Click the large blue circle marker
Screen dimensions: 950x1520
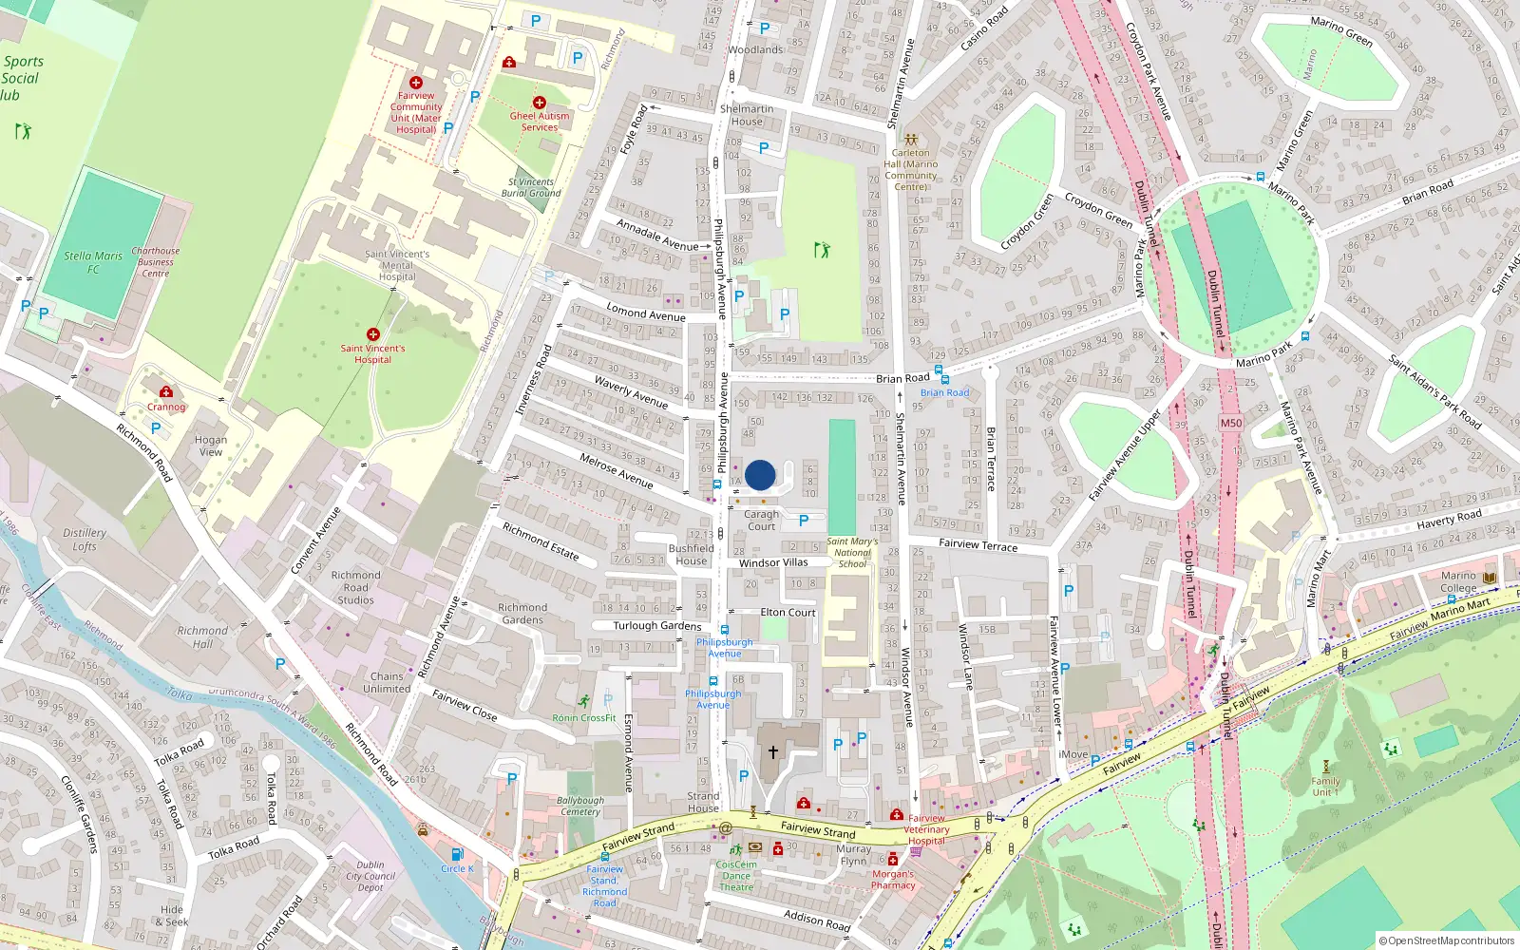pos(760,475)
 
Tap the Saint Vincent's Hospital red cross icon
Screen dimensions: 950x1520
pos(373,334)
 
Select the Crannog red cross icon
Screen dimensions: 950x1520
pos(166,391)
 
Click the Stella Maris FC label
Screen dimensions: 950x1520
pos(93,262)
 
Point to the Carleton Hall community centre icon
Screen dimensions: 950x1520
pos(911,139)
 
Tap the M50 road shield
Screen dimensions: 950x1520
pos(1231,423)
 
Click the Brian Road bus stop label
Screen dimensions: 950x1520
pos(944,392)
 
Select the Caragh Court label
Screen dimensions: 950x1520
pos(761,521)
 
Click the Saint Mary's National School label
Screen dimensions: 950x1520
pos(852,553)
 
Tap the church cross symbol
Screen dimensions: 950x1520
pos(773,751)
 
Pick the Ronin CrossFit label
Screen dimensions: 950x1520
pos(584,718)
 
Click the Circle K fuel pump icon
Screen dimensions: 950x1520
pos(457,854)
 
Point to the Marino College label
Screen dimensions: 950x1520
pos(1458,581)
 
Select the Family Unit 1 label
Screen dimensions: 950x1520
pos(1325,787)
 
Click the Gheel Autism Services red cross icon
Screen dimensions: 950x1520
pos(540,103)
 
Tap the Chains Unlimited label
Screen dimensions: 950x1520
pos(387,682)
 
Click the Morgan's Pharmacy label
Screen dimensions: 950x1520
pos(893,880)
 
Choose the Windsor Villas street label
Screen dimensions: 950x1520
pos(773,562)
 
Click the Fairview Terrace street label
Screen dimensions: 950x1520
pos(978,544)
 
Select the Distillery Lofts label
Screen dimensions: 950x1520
pos(85,540)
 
